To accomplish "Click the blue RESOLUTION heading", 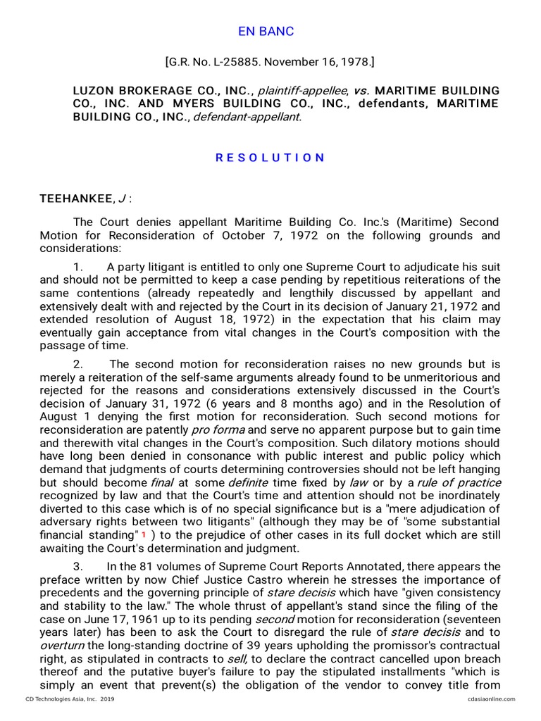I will point(270,158).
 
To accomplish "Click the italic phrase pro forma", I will point(218,430).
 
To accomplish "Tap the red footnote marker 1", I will point(144,535).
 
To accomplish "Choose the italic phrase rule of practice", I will point(459,482).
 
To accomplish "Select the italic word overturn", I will point(63,646).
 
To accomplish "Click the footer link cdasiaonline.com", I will point(490,699).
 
